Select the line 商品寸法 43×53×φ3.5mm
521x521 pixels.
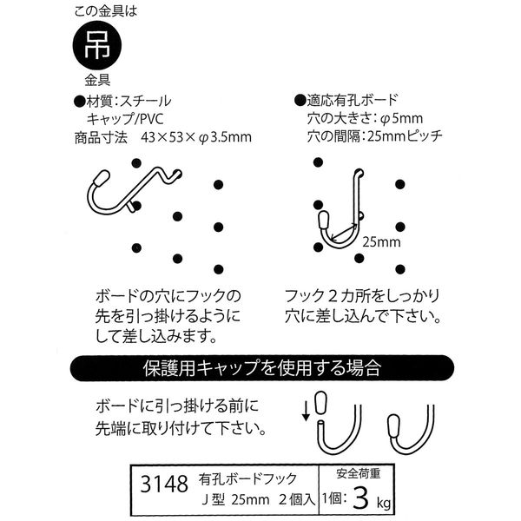click(x=162, y=137)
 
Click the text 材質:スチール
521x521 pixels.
click(x=122, y=98)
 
